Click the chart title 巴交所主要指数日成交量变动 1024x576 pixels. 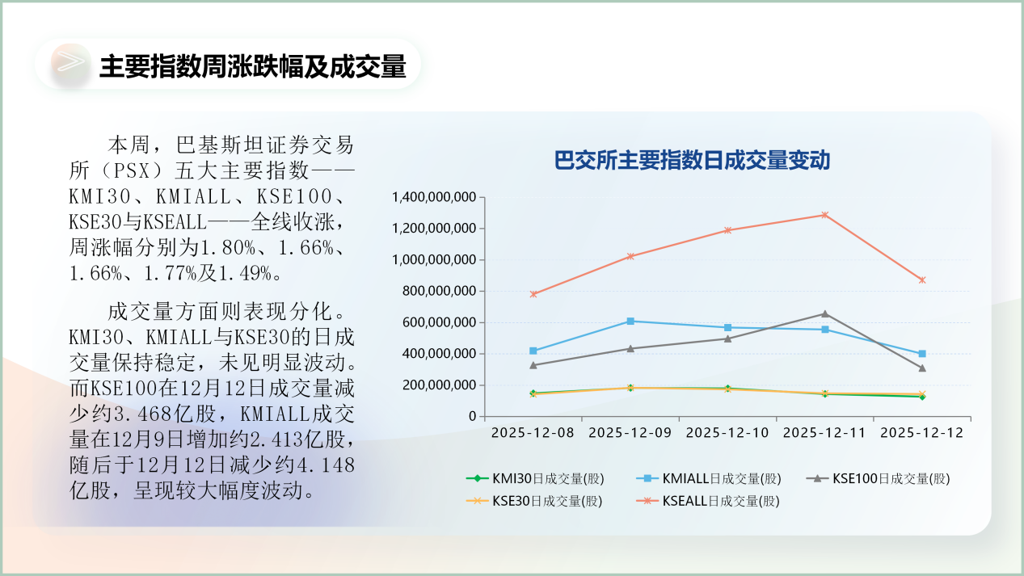tap(692, 160)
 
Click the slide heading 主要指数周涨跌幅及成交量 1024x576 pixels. tap(252, 66)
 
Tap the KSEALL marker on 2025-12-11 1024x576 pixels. tap(824, 215)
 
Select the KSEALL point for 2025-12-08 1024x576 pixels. tap(533, 294)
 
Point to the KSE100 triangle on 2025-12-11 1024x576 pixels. tap(824, 313)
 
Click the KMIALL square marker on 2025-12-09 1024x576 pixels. tap(630, 322)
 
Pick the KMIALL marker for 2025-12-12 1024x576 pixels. tap(922, 354)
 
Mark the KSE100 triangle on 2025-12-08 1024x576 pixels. tap(533, 365)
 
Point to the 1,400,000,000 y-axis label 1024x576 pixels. tap(433, 197)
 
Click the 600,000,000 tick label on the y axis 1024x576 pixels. tap(437, 322)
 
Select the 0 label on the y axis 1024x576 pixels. tap(471, 417)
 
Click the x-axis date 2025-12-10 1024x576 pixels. tap(727, 433)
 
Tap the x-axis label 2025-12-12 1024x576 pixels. tap(921, 433)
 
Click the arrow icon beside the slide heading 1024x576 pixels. tap(71, 63)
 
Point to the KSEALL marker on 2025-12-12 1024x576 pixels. tap(922, 280)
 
